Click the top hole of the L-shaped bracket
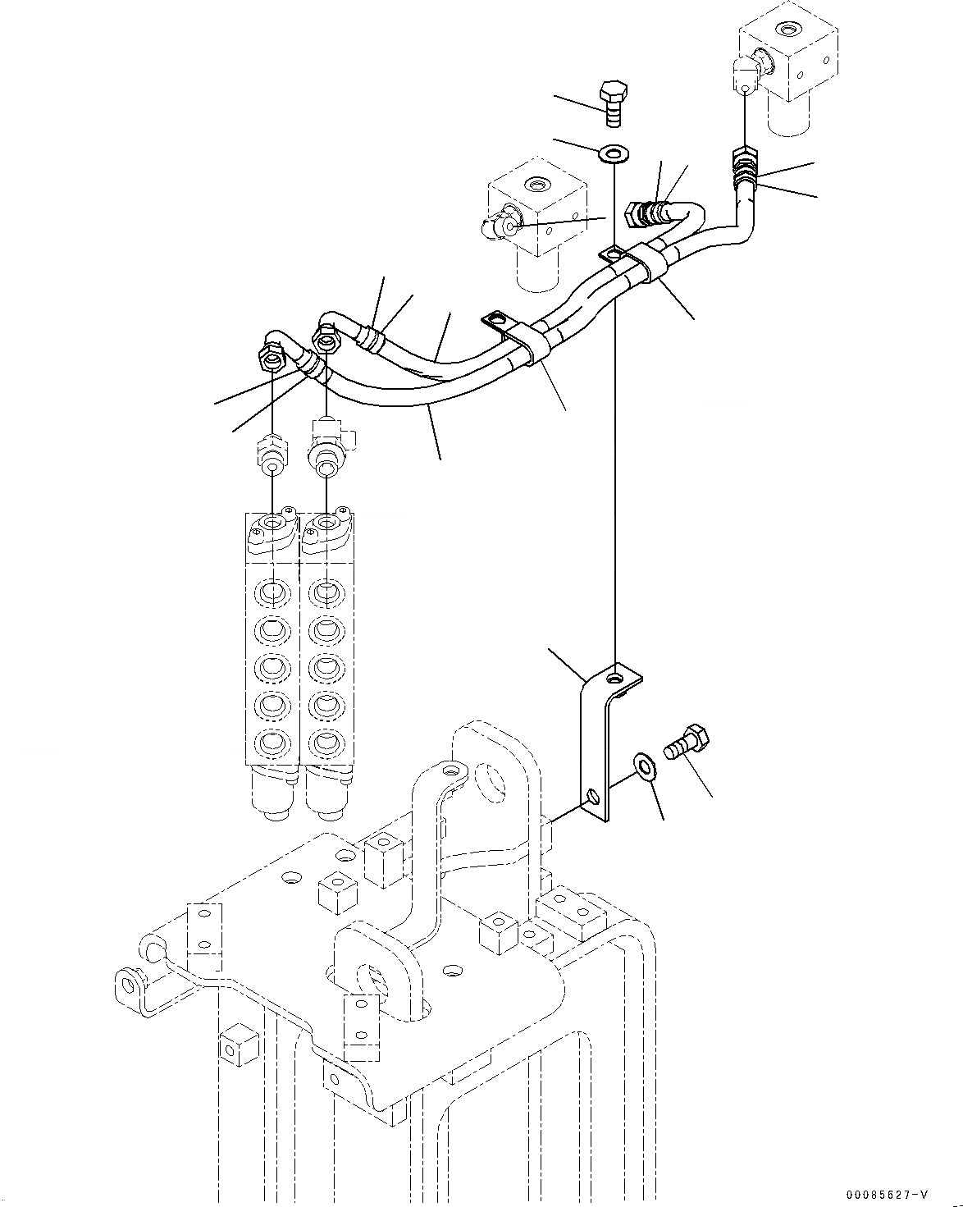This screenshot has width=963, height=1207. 614,679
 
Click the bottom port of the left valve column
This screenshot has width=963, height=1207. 271,743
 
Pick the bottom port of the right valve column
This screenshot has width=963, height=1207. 326,743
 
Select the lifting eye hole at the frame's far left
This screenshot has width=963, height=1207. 128,980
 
